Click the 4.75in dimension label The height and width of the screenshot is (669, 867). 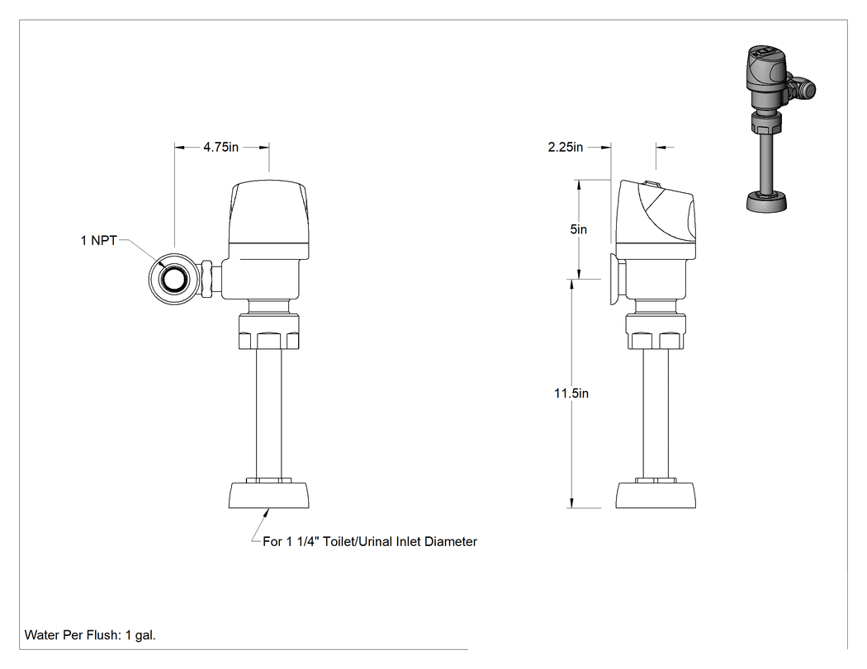[x=220, y=147]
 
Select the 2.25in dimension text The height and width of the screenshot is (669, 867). [x=565, y=147]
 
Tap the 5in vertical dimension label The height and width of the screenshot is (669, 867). [x=578, y=229]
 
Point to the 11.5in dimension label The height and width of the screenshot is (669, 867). [x=571, y=393]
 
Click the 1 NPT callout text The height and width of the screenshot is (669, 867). [x=99, y=240]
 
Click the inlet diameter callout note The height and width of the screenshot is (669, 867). [x=369, y=541]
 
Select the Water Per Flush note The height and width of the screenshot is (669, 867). [x=90, y=634]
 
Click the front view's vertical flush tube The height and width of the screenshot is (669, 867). [x=268, y=414]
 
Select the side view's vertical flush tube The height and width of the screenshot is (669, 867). [x=656, y=414]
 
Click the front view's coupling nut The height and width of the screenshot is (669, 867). [x=268, y=332]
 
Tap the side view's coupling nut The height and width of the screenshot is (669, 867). [x=656, y=332]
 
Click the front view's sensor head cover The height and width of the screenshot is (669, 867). [x=268, y=212]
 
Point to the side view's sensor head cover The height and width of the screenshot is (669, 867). [x=656, y=212]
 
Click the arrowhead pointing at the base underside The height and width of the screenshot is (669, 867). [x=268, y=512]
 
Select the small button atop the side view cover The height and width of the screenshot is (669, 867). [x=652, y=184]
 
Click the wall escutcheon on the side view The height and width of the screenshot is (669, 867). [x=616, y=279]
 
